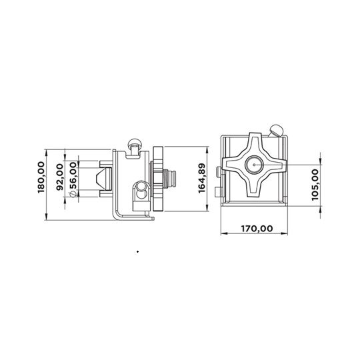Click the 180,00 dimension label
pyautogui.click(x=41, y=177)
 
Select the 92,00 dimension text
pyautogui.click(x=60, y=177)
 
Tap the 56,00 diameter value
pyautogui.click(x=73, y=175)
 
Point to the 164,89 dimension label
pyautogui.click(x=201, y=178)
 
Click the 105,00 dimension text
pyautogui.click(x=315, y=185)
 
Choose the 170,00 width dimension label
pyautogui.click(x=257, y=229)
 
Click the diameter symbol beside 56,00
pyautogui.click(x=73, y=194)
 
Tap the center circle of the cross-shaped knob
pyautogui.click(x=254, y=165)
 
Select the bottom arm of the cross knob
pyautogui.click(x=254, y=185)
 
